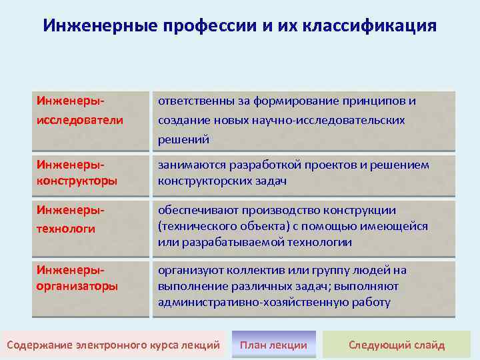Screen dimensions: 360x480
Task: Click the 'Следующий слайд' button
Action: [397, 345]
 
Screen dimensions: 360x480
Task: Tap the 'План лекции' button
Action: [273, 345]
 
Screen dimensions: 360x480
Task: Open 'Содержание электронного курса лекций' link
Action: [113, 345]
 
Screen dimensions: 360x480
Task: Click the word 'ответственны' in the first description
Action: [193, 101]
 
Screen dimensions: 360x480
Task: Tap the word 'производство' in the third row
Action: [267, 211]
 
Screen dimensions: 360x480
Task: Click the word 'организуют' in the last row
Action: [187, 270]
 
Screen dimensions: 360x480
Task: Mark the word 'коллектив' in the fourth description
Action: [246, 270]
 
